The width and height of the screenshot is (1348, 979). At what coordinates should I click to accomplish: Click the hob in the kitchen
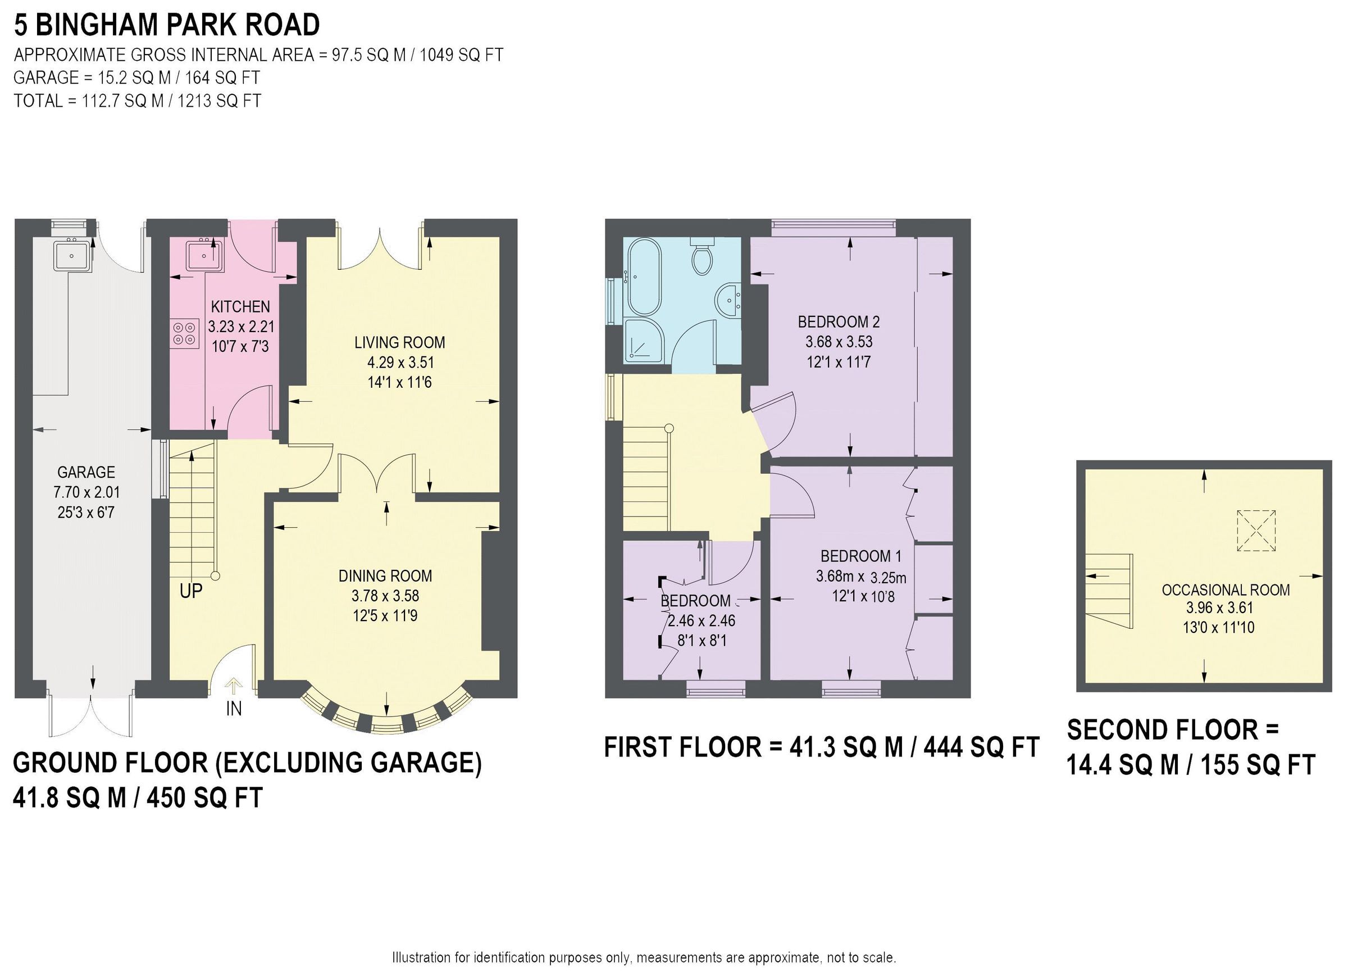(x=185, y=333)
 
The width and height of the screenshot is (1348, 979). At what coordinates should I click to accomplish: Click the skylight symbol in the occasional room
(x=1256, y=531)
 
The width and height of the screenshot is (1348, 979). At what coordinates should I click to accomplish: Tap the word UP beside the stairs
(x=192, y=591)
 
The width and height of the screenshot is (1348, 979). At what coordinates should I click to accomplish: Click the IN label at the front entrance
(x=234, y=709)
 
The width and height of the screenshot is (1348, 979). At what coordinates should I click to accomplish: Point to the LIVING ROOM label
(x=399, y=343)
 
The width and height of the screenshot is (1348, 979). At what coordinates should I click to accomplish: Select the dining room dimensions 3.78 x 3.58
(x=385, y=596)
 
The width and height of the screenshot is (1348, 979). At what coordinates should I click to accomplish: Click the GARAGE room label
(x=86, y=472)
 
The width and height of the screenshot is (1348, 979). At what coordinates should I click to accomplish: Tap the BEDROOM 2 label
(x=838, y=322)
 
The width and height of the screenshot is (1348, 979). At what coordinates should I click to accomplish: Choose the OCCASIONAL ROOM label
(x=1226, y=590)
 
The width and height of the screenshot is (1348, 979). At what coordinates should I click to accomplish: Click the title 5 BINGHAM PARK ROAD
(x=167, y=25)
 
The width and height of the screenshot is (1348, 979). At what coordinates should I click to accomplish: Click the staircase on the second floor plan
(x=1109, y=590)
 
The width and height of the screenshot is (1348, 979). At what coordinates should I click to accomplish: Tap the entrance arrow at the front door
(x=233, y=686)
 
